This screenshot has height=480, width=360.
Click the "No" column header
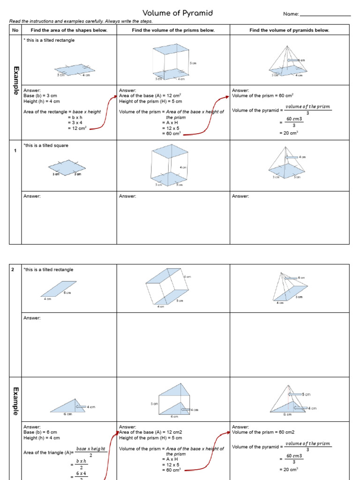click(15, 30)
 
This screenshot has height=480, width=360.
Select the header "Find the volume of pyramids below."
click(289, 30)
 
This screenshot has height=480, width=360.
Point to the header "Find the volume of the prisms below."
click(173, 30)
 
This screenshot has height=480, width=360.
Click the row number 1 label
click(15, 150)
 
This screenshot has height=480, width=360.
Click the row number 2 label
click(14, 270)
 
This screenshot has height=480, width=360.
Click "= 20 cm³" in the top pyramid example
click(289, 133)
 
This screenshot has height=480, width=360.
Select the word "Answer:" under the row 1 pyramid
click(240, 196)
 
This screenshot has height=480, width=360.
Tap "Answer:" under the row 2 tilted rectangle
click(32, 318)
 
